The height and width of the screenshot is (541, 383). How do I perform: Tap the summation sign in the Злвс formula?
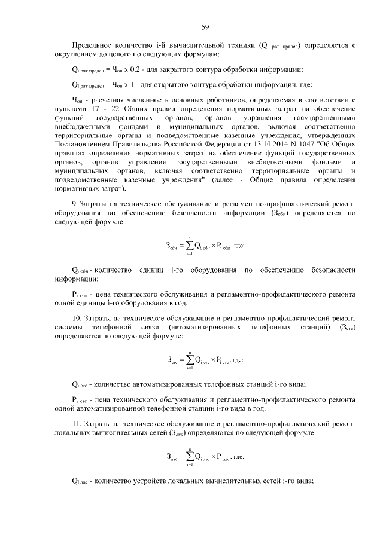pos(190,457)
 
